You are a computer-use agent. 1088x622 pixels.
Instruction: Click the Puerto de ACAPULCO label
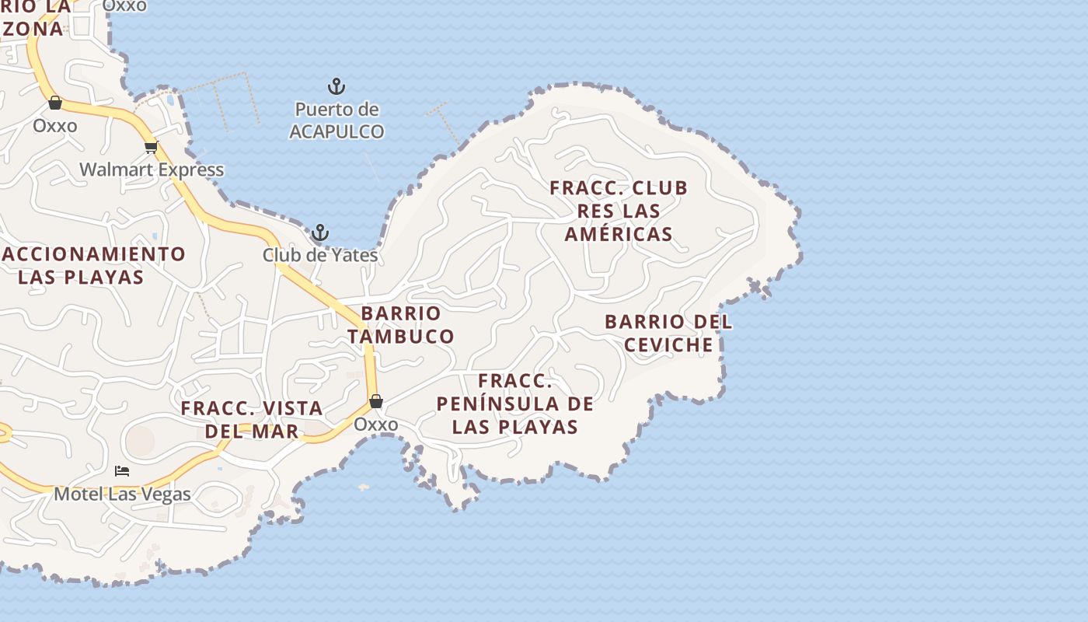coord(337,121)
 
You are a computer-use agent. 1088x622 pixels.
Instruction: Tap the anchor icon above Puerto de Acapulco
coord(336,86)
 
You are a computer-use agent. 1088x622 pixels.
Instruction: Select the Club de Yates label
coord(320,255)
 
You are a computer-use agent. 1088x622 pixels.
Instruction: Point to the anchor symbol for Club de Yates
coord(320,232)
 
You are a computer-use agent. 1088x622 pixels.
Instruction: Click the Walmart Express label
coord(152,169)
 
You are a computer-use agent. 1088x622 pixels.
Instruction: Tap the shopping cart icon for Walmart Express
coord(151,147)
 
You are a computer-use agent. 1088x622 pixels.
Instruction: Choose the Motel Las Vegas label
coord(122,494)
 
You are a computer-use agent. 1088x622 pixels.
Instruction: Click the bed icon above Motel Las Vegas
coord(122,470)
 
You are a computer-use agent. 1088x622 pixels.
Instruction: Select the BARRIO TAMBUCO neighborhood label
coord(401,325)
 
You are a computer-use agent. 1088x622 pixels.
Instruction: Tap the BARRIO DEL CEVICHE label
coord(668,333)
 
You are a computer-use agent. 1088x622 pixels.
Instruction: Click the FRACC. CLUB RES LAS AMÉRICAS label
coord(619,211)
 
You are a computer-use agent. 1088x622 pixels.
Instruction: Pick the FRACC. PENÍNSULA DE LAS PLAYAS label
coord(515,404)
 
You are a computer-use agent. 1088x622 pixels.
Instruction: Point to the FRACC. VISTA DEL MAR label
coord(252,419)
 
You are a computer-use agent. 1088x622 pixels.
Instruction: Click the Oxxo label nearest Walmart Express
coord(55,125)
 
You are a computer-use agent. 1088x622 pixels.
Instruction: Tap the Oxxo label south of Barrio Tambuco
coord(376,425)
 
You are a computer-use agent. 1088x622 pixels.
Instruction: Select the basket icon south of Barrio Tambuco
coord(376,401)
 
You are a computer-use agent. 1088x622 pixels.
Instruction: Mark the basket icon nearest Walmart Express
coord(55,103)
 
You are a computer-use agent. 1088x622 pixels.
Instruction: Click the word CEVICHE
coord(668,344)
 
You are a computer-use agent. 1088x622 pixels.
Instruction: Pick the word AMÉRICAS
coord(619,234)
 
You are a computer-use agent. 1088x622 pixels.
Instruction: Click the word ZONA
coord(33,29)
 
